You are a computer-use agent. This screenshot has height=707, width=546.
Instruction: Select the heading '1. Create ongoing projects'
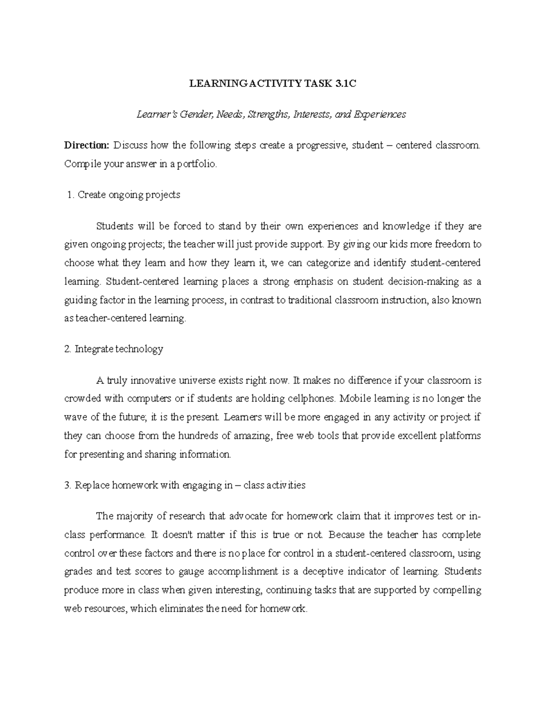[123, 195]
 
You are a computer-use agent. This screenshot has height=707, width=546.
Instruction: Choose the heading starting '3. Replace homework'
[185, 485]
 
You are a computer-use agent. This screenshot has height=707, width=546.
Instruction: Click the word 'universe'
[198, 380]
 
